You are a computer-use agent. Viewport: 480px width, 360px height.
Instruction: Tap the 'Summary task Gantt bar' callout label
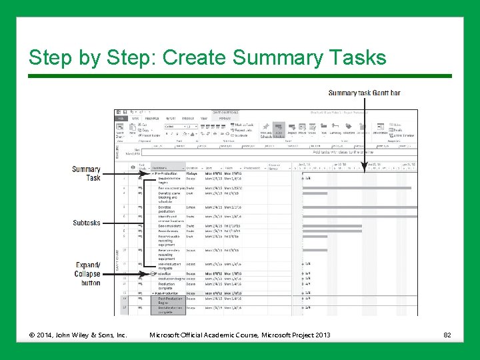point(364,93)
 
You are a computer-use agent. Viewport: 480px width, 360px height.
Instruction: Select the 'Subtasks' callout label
point(87,223)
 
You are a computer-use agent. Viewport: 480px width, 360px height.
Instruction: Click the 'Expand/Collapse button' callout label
point(87,274)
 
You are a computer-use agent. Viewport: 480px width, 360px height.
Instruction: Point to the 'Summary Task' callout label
point(87,173)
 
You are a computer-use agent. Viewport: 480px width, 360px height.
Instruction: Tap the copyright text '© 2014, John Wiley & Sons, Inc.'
point(78,334)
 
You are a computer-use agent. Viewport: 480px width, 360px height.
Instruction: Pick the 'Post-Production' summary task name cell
point(168,293)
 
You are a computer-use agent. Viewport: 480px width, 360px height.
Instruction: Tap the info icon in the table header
point(133,167)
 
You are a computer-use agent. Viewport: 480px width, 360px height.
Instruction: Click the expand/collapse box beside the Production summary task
point(154,273)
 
